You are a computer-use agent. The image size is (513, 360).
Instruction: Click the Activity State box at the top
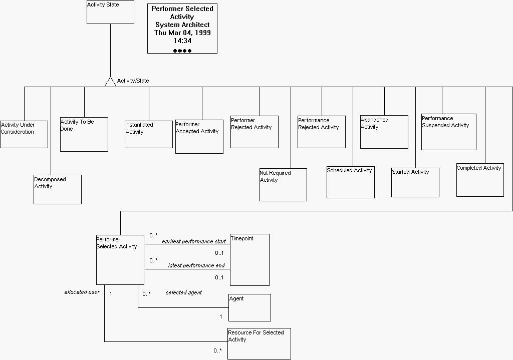tap(110, 12)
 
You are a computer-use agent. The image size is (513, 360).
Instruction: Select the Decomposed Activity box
tap(58, 189)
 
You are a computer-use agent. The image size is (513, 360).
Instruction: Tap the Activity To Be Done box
tap(84, 134)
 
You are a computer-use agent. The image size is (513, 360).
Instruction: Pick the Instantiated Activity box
tap(149, 134)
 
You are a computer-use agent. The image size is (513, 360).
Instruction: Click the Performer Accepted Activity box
tap(199, 136)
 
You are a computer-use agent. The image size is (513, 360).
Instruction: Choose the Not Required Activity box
tap(283, 185)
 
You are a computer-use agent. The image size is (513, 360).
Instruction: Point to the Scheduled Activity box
tap(351, 182)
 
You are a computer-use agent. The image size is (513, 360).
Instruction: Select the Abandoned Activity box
tap(384, 132)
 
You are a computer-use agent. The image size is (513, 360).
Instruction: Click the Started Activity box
tap(415, 182)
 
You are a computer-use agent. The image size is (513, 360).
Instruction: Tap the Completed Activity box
tap(480, 180)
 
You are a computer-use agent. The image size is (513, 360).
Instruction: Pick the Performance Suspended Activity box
tap(449, 132)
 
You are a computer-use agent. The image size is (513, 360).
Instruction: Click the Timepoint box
tap(249, 260)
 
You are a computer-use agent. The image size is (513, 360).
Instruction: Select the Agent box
tap(249, 307)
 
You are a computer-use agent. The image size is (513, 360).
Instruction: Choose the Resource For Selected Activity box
tap(259, 343)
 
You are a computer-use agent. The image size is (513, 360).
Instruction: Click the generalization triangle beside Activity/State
tap(110, 82)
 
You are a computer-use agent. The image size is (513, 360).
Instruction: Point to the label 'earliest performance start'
tap(194, 242)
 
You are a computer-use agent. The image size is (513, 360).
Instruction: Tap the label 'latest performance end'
tap(196, 266)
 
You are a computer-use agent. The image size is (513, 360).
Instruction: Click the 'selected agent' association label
tap(184, 292)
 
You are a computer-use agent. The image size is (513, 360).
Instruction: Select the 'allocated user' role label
tap(82, 292)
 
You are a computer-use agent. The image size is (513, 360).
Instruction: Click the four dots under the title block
tap(182, 51)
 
